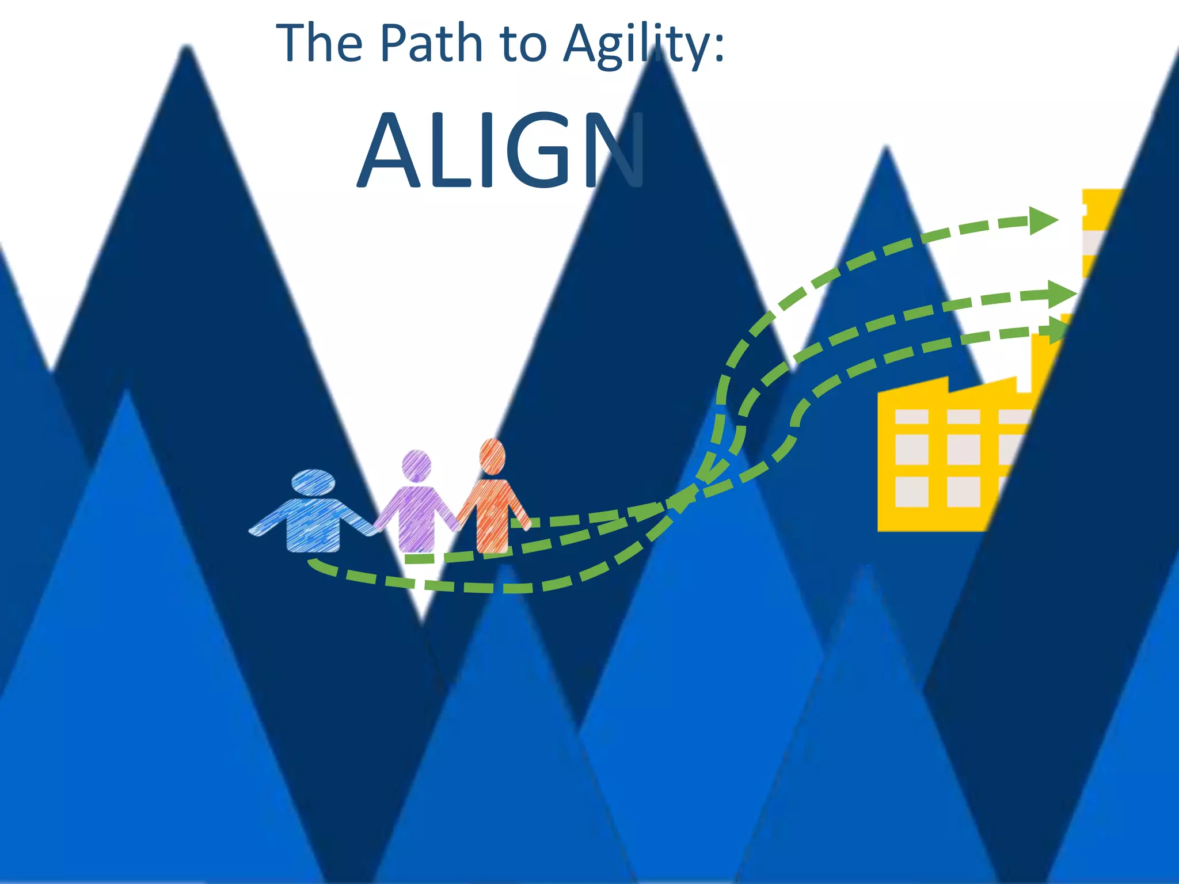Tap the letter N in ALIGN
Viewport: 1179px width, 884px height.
(x=613, y=151)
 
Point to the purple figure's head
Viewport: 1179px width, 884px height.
(x=416, y=465)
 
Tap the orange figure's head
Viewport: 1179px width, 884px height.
(x=492, y=456)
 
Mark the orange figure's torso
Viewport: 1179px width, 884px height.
(x=492, y=512)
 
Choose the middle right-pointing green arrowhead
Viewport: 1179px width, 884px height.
(x=1059, y=295)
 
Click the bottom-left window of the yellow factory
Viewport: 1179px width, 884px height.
(x=911, y=491)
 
